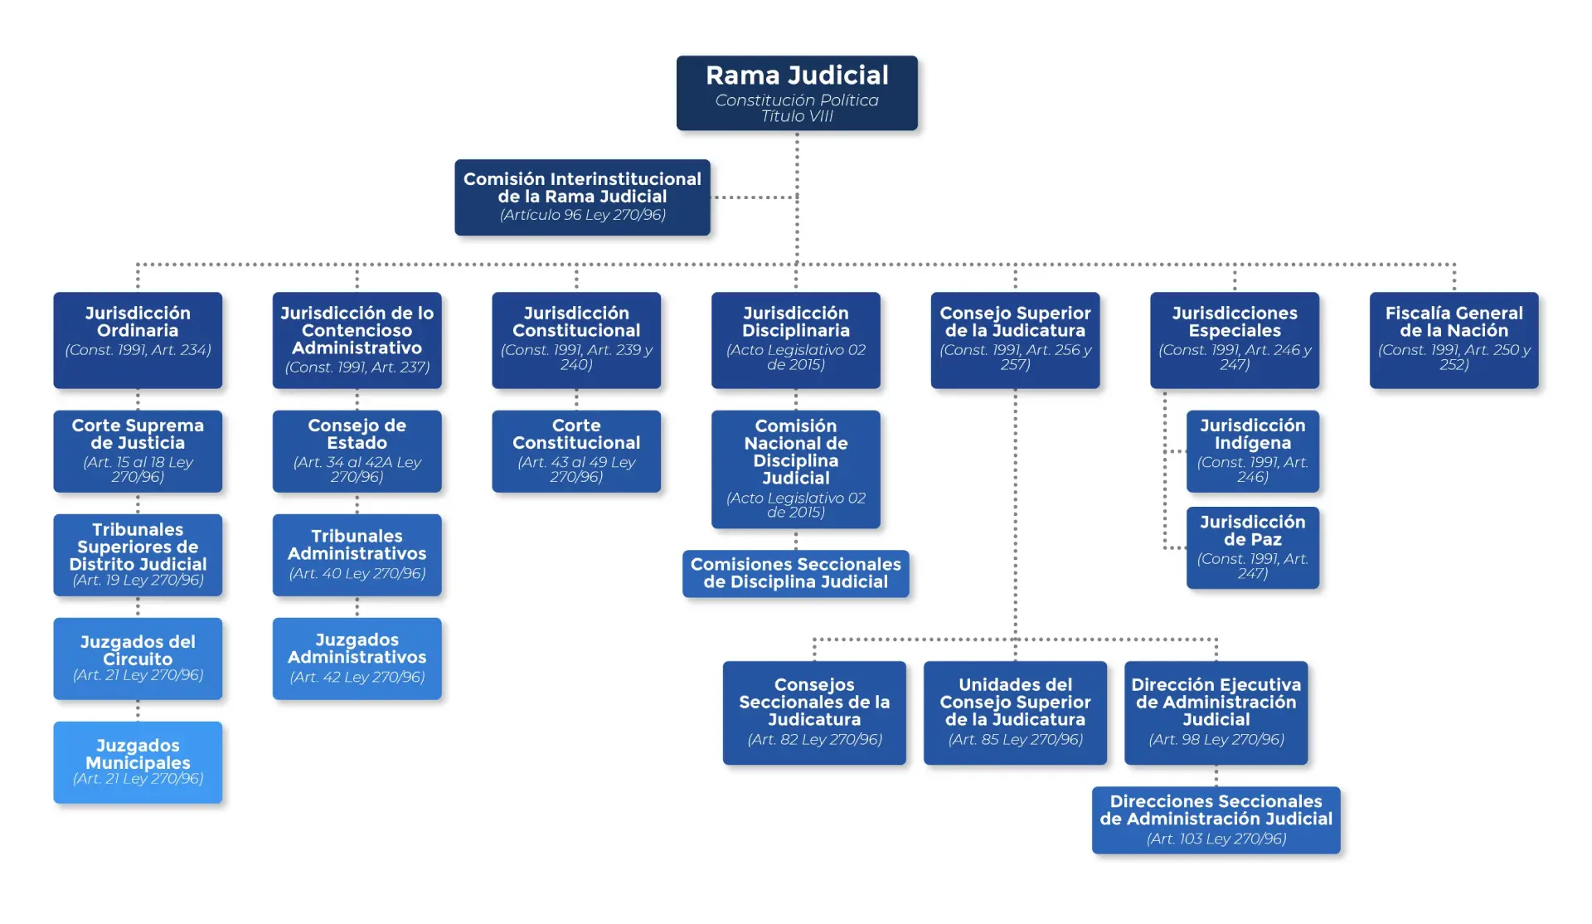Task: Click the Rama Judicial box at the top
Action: click(x=797, y=93)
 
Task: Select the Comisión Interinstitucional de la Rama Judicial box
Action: click(x=582, y=197)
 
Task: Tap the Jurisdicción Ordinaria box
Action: click(x=138, y=340)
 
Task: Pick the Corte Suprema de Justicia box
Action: click(x=138, y=451)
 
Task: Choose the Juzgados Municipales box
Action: click(x=138, y=762)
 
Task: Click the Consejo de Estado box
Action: click(x=357, y=451)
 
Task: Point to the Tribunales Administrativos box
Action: click(x=357, y=555)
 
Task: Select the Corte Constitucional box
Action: click(x=576, y=451)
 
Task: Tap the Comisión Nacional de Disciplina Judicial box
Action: click(x=796, y=469)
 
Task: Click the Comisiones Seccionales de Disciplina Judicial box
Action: click(x=796, y=573)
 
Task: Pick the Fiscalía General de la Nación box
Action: click(x=1454, y=340)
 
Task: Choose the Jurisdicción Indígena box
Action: click(x=1253, y=451)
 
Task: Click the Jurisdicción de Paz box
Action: click(x=1253, y=547)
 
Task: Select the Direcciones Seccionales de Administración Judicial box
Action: click(x=1216, y=820)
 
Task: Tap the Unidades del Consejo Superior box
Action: click(x=1015, y=712)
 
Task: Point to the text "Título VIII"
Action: click(x=797, y=116)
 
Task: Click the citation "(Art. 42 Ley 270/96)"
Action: click(x=357, y=677)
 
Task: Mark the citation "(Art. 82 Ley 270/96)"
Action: click(x=814, y=739)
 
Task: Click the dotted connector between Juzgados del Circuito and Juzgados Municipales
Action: click(x=138, y=711)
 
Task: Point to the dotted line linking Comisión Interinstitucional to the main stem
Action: click(x=754, y=197)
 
